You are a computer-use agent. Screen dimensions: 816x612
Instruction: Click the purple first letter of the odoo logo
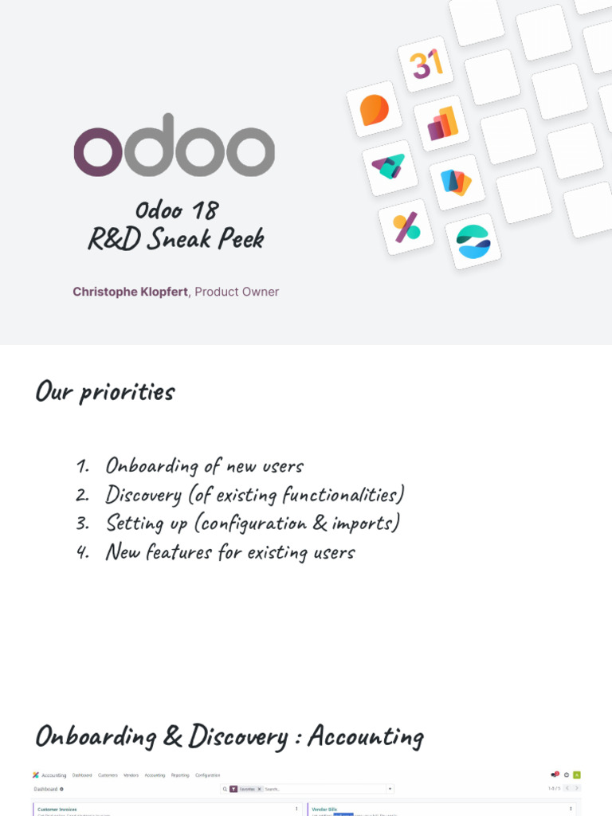click(98, 151)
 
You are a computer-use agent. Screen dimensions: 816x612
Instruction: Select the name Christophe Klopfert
click(130, 292)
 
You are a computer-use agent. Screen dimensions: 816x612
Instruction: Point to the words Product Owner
click(237, 292)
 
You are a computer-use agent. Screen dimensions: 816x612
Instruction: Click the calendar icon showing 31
click(426, 65)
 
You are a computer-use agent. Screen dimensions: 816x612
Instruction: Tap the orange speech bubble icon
click(374, 109)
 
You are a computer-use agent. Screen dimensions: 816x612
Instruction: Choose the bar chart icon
click(441, 124)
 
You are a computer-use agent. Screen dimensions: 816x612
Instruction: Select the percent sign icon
click(406, 227)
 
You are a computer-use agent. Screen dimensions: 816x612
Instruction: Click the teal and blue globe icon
click(473, 241)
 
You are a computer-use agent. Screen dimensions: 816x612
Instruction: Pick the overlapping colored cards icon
click(457, 182)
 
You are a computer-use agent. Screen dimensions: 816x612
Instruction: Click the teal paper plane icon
click(389, 167)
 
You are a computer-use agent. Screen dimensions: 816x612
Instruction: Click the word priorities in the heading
click(127, 392)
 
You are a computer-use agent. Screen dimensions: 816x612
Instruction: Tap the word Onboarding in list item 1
click(151, 465)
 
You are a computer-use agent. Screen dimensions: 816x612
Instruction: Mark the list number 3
click(83, 524)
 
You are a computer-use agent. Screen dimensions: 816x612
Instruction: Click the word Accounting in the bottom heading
click(365, 736)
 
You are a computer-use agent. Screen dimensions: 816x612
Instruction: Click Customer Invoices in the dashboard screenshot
click(57, 809)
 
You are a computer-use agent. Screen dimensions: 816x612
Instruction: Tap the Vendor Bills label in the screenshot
click(324, 809)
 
